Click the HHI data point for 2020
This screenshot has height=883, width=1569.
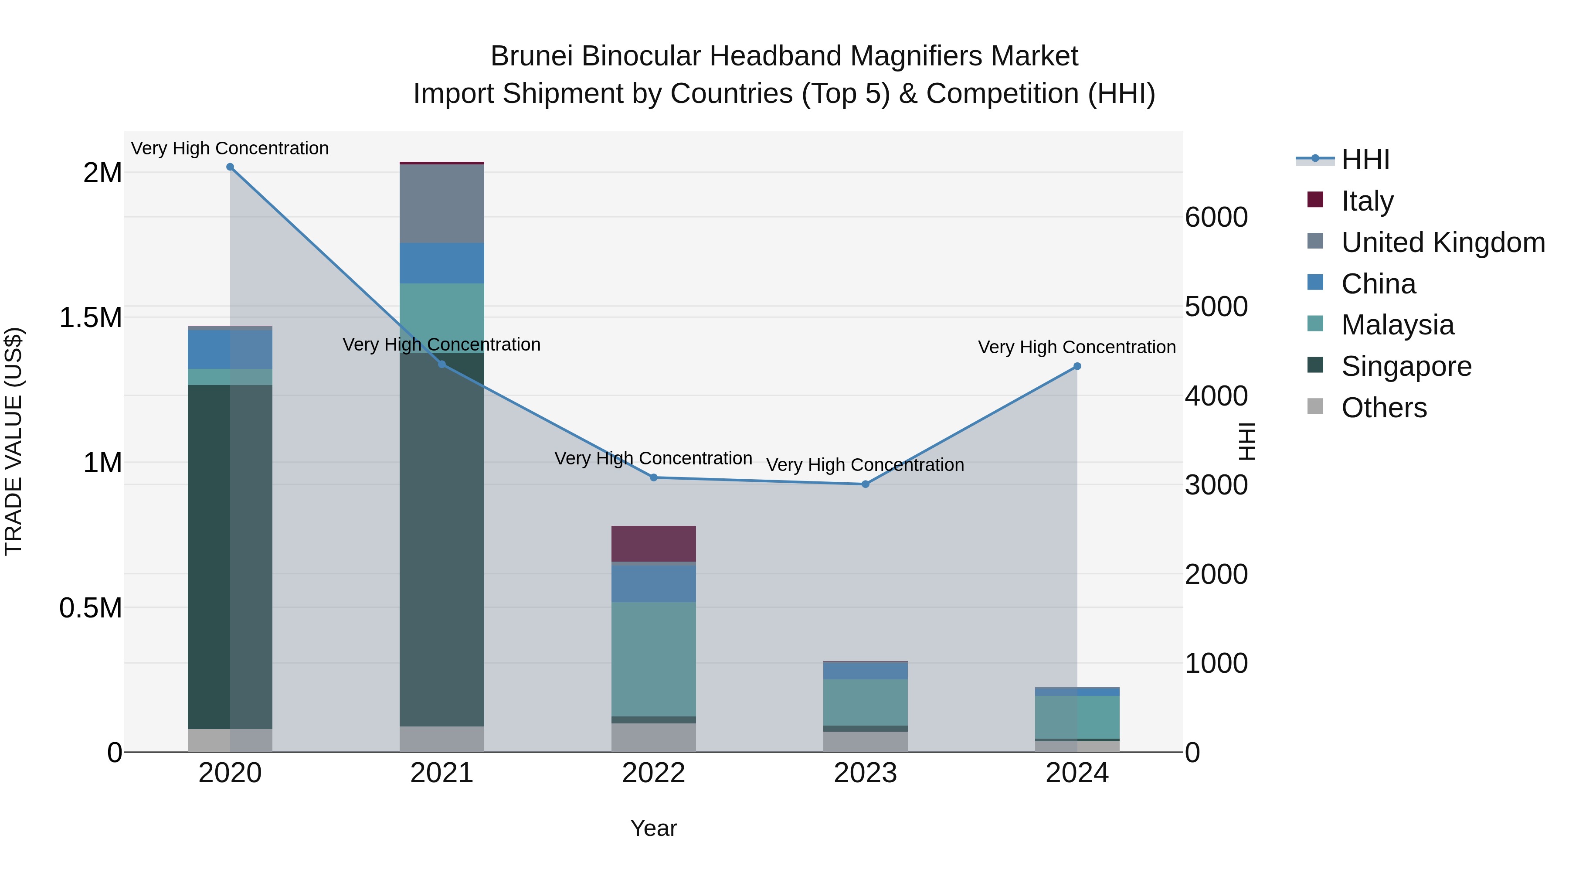(230, 167)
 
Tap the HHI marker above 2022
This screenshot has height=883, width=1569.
(654, 478)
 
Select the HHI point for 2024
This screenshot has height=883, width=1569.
(1077, 366)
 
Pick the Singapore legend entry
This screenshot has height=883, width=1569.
(1406, 366)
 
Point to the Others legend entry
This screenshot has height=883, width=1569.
(1383, 408)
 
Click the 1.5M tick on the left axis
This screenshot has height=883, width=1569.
(91, 317)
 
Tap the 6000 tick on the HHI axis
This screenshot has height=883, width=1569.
(1216, 218)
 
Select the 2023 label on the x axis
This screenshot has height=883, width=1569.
(865, 773)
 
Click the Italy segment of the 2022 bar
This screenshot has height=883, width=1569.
(654, 544)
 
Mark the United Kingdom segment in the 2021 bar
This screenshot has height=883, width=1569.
(441, 204)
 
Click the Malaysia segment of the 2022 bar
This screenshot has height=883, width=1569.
(654, 659)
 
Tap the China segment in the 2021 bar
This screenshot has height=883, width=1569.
(441, 263)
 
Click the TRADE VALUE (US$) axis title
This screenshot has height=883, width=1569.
(14, 441)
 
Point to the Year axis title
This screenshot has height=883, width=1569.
(654, 828)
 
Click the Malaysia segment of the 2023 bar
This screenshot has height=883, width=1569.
(865, 702)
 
